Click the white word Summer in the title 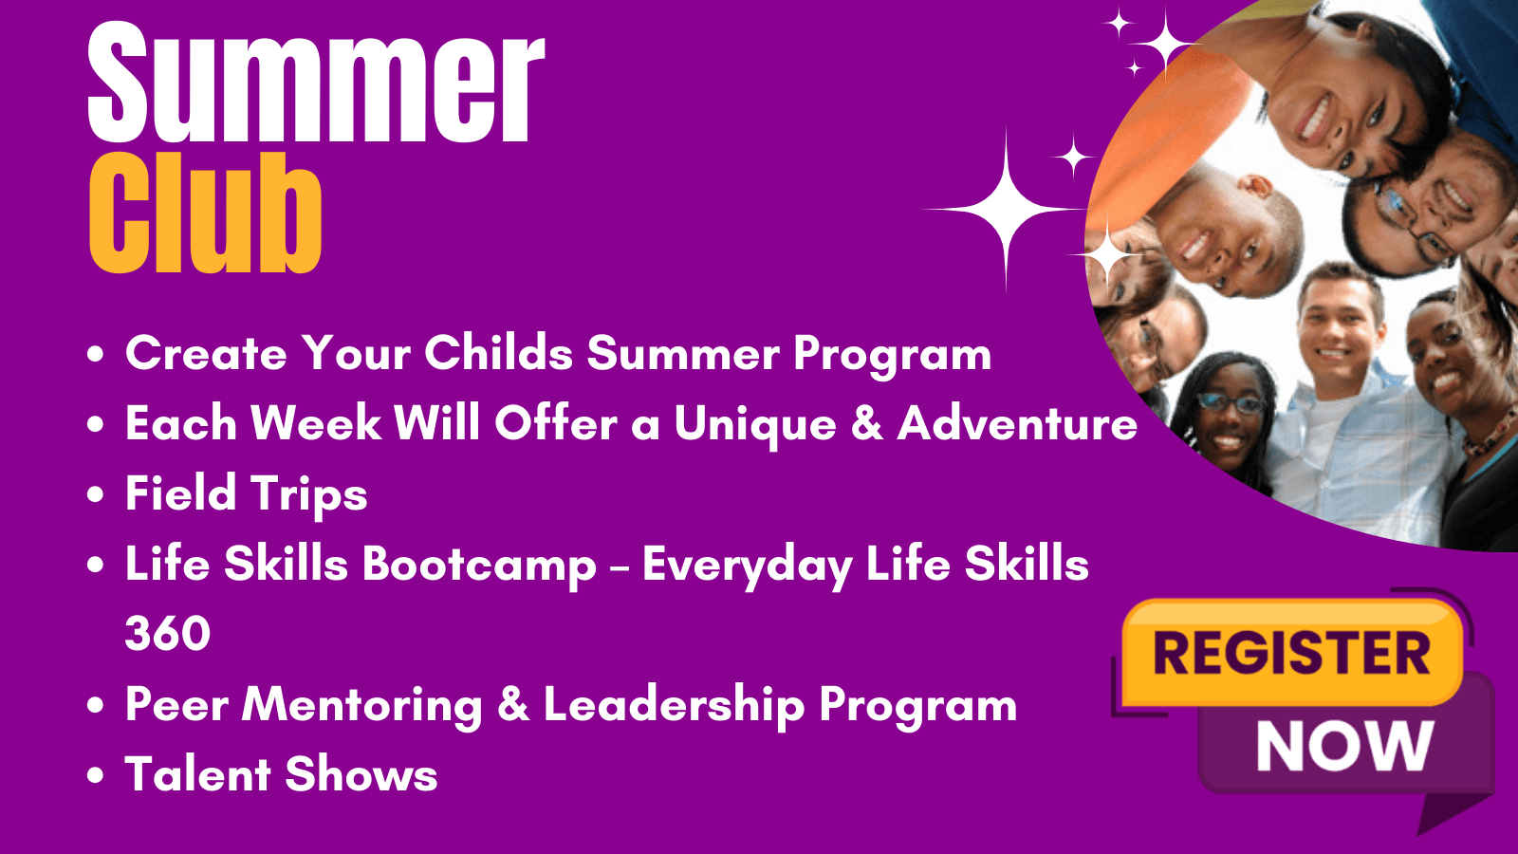point(316,83)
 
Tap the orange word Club point(205,213)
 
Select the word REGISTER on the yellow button point(1291,653)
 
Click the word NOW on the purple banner point(1345,746)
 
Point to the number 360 point(167,634)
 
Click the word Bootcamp point(480,566)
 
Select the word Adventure point(1017,423)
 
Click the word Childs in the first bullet point(499,352)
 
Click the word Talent point(198,773)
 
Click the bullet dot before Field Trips point(96,493)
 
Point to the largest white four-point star point(1006,210)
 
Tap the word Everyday point(747,566)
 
